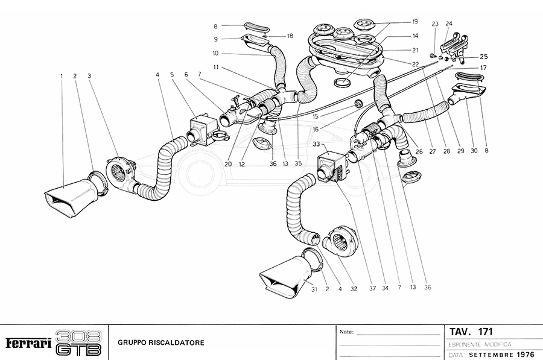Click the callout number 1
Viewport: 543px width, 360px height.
(62, 76)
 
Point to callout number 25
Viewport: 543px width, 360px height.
(484, 57)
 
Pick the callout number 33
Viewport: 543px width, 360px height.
(316, 144)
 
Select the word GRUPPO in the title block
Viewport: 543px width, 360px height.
(131, 343)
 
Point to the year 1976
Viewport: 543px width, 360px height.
(521, 353)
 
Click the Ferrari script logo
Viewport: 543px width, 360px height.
(28, 343)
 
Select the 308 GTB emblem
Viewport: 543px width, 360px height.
(78, 343)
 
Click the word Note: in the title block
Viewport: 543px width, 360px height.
(347, 332)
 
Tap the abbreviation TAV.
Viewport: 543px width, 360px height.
(460, 332)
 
